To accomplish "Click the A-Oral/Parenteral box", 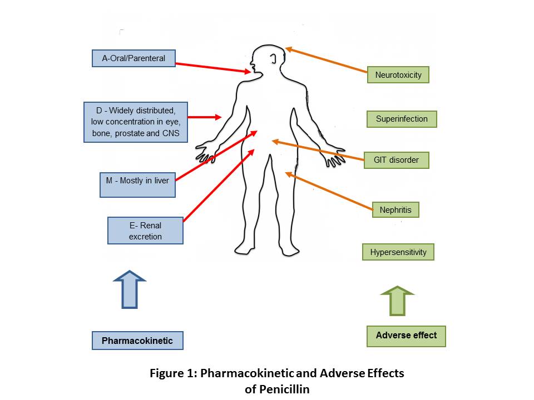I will click(133, 58).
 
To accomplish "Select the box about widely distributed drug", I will click(136, 122).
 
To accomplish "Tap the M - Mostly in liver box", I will click(137, 180).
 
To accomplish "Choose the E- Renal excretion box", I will click(145, 231).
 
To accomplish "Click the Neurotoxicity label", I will click(398, 75).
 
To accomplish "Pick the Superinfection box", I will click(402, 119).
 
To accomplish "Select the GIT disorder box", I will click(397, 160).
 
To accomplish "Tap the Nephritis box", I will click(395, 210).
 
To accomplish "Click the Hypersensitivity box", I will click(398, 252).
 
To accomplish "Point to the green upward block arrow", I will click(397, 301).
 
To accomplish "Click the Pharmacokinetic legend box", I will click(137, 341).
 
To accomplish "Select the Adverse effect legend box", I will click(406, 336).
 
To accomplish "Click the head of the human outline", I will click(267, 61).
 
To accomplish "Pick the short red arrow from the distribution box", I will click(205, 117).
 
